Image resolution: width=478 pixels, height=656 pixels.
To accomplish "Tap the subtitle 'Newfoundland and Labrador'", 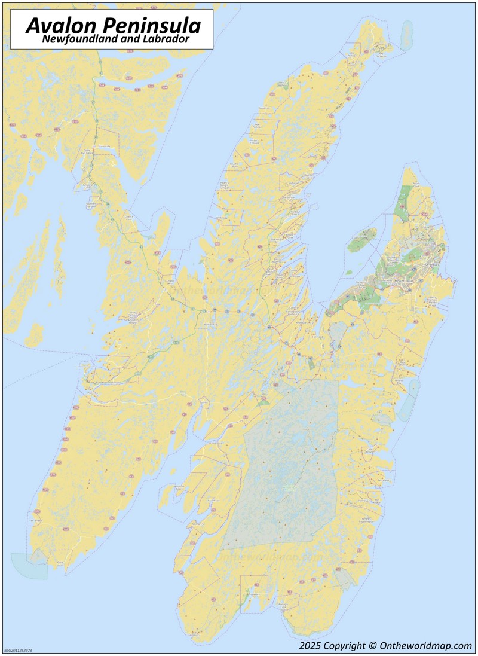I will coord(116,39).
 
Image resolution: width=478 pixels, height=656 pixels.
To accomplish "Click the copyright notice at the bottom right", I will coord(385,646).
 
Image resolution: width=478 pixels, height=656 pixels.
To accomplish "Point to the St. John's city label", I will coord(434,264).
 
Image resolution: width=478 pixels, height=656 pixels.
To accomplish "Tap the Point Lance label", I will coord(60,563).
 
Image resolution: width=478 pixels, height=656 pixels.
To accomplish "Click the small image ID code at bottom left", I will coord(18,650).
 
